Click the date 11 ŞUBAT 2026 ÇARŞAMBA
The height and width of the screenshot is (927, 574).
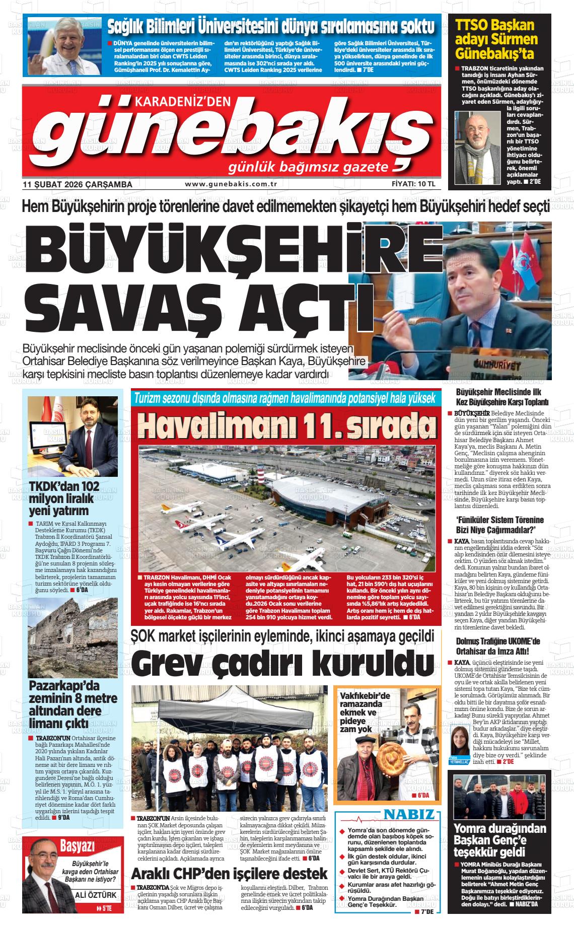(x=78, y=184)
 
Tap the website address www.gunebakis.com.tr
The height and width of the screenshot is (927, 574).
(x=232, y=184)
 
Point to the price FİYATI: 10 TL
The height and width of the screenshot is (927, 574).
(x=413, y=184)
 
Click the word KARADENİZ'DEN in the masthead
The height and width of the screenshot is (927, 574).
(x=182, y=102)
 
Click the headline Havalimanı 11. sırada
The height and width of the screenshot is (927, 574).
(x=286, y=425)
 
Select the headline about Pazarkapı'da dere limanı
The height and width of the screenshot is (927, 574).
(x=73, y=704)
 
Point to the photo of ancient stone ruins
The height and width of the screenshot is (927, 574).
(x=73, y=637)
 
